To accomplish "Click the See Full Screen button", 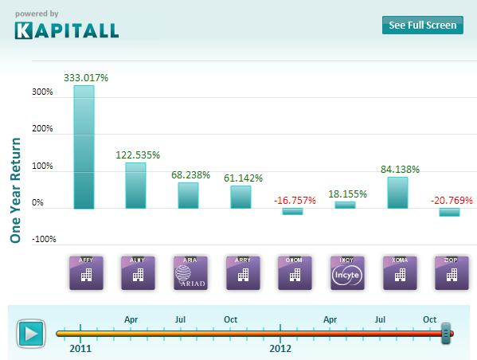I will pyautogui.click(x=422, y=25).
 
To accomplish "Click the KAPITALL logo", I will pyautogui.click(x=67, y=30).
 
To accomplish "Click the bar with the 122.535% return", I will pyautogui.click(x=135, y=186).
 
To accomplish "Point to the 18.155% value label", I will pyautogui.click(x=345, y=194).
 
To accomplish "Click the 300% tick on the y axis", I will pyautogui.click(x=42, y=92).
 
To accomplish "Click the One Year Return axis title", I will pyautogui.click(x=14, y=190).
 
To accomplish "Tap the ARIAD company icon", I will pyautogui.click(x=189, y=272).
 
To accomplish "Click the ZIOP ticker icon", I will pyautogui.click(x=450, y=272).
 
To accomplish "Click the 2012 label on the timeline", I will pyautogui.click(x=280, y=348).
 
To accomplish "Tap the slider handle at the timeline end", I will pyautogui.click(x=446, y=333).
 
